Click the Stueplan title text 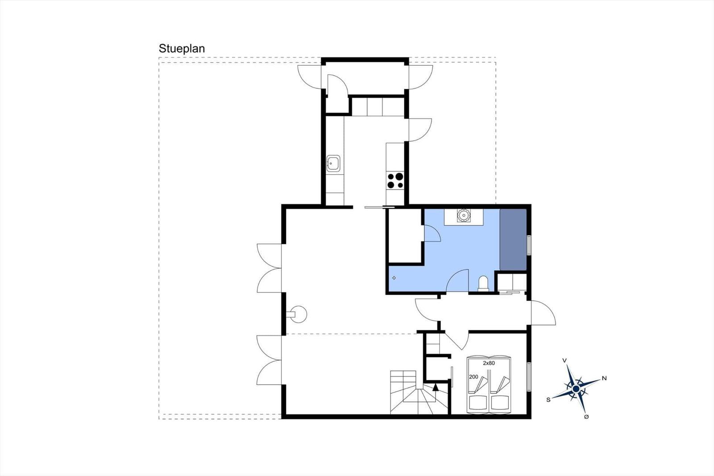click(182, 49)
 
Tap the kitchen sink click(333, 164)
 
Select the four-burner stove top click(395, 180)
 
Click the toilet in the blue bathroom click(483, 284)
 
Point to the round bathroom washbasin click(464, 215)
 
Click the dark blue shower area click(513, 240)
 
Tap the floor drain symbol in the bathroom click(394, 278)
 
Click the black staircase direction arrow click(436, 387)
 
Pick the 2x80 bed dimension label click(489, 363)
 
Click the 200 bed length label click(473, 377)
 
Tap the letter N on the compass click(604, 378)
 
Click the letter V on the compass click(565, 360)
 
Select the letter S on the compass click(548, 400)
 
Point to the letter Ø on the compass click(586, 417)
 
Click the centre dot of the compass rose click(576, 389)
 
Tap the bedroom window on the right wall click(529, 377)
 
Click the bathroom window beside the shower click(529, 245)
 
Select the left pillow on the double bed click(477, 403)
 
